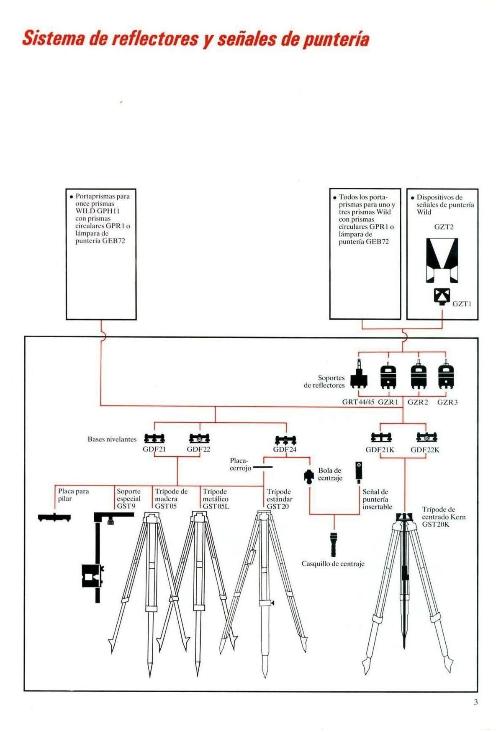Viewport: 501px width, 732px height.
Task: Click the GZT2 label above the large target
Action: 443,227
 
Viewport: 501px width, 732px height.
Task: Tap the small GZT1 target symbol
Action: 442,296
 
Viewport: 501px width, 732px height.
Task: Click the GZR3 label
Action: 447,402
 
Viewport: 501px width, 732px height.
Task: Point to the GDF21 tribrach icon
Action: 154,439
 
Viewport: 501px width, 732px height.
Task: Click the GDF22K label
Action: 424,450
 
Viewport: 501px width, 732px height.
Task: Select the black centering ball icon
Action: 309,476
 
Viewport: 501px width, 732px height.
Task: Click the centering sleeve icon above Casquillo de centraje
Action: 333,544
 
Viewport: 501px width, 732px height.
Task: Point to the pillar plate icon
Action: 54,517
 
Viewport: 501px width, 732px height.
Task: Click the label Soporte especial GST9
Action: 128,499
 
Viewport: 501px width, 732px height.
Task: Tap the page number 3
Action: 475,702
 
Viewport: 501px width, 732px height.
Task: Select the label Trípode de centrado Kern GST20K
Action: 443,517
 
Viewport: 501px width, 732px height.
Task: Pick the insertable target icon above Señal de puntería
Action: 359,471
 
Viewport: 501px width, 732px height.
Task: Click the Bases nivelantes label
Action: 112,439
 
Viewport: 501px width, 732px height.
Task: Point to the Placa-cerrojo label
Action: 240,464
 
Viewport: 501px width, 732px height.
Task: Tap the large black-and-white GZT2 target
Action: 442,260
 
